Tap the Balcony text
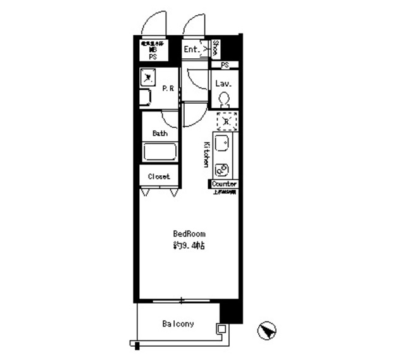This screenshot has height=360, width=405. tap(178, 325)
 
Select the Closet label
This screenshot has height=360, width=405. tap(159, 177)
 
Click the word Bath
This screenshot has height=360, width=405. tap(159, 133)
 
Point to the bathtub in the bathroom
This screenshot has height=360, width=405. tap(160, 152)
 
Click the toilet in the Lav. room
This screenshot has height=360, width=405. tap(223, 100)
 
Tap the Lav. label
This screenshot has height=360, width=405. tap(223, 84)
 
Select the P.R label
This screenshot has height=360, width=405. tap(168, 89)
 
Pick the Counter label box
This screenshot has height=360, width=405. tap(225, 184)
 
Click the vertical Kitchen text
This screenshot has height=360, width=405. tap(206, 154)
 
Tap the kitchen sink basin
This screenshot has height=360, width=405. tap(223, 144)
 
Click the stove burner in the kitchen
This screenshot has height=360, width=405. tap(223, 170)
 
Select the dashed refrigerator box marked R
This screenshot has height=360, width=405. tap(226, 120)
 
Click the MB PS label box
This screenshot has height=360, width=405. tap(153, 51)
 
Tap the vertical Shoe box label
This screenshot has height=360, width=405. tap(216, 48)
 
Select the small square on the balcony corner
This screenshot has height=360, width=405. tap(221, 328)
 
